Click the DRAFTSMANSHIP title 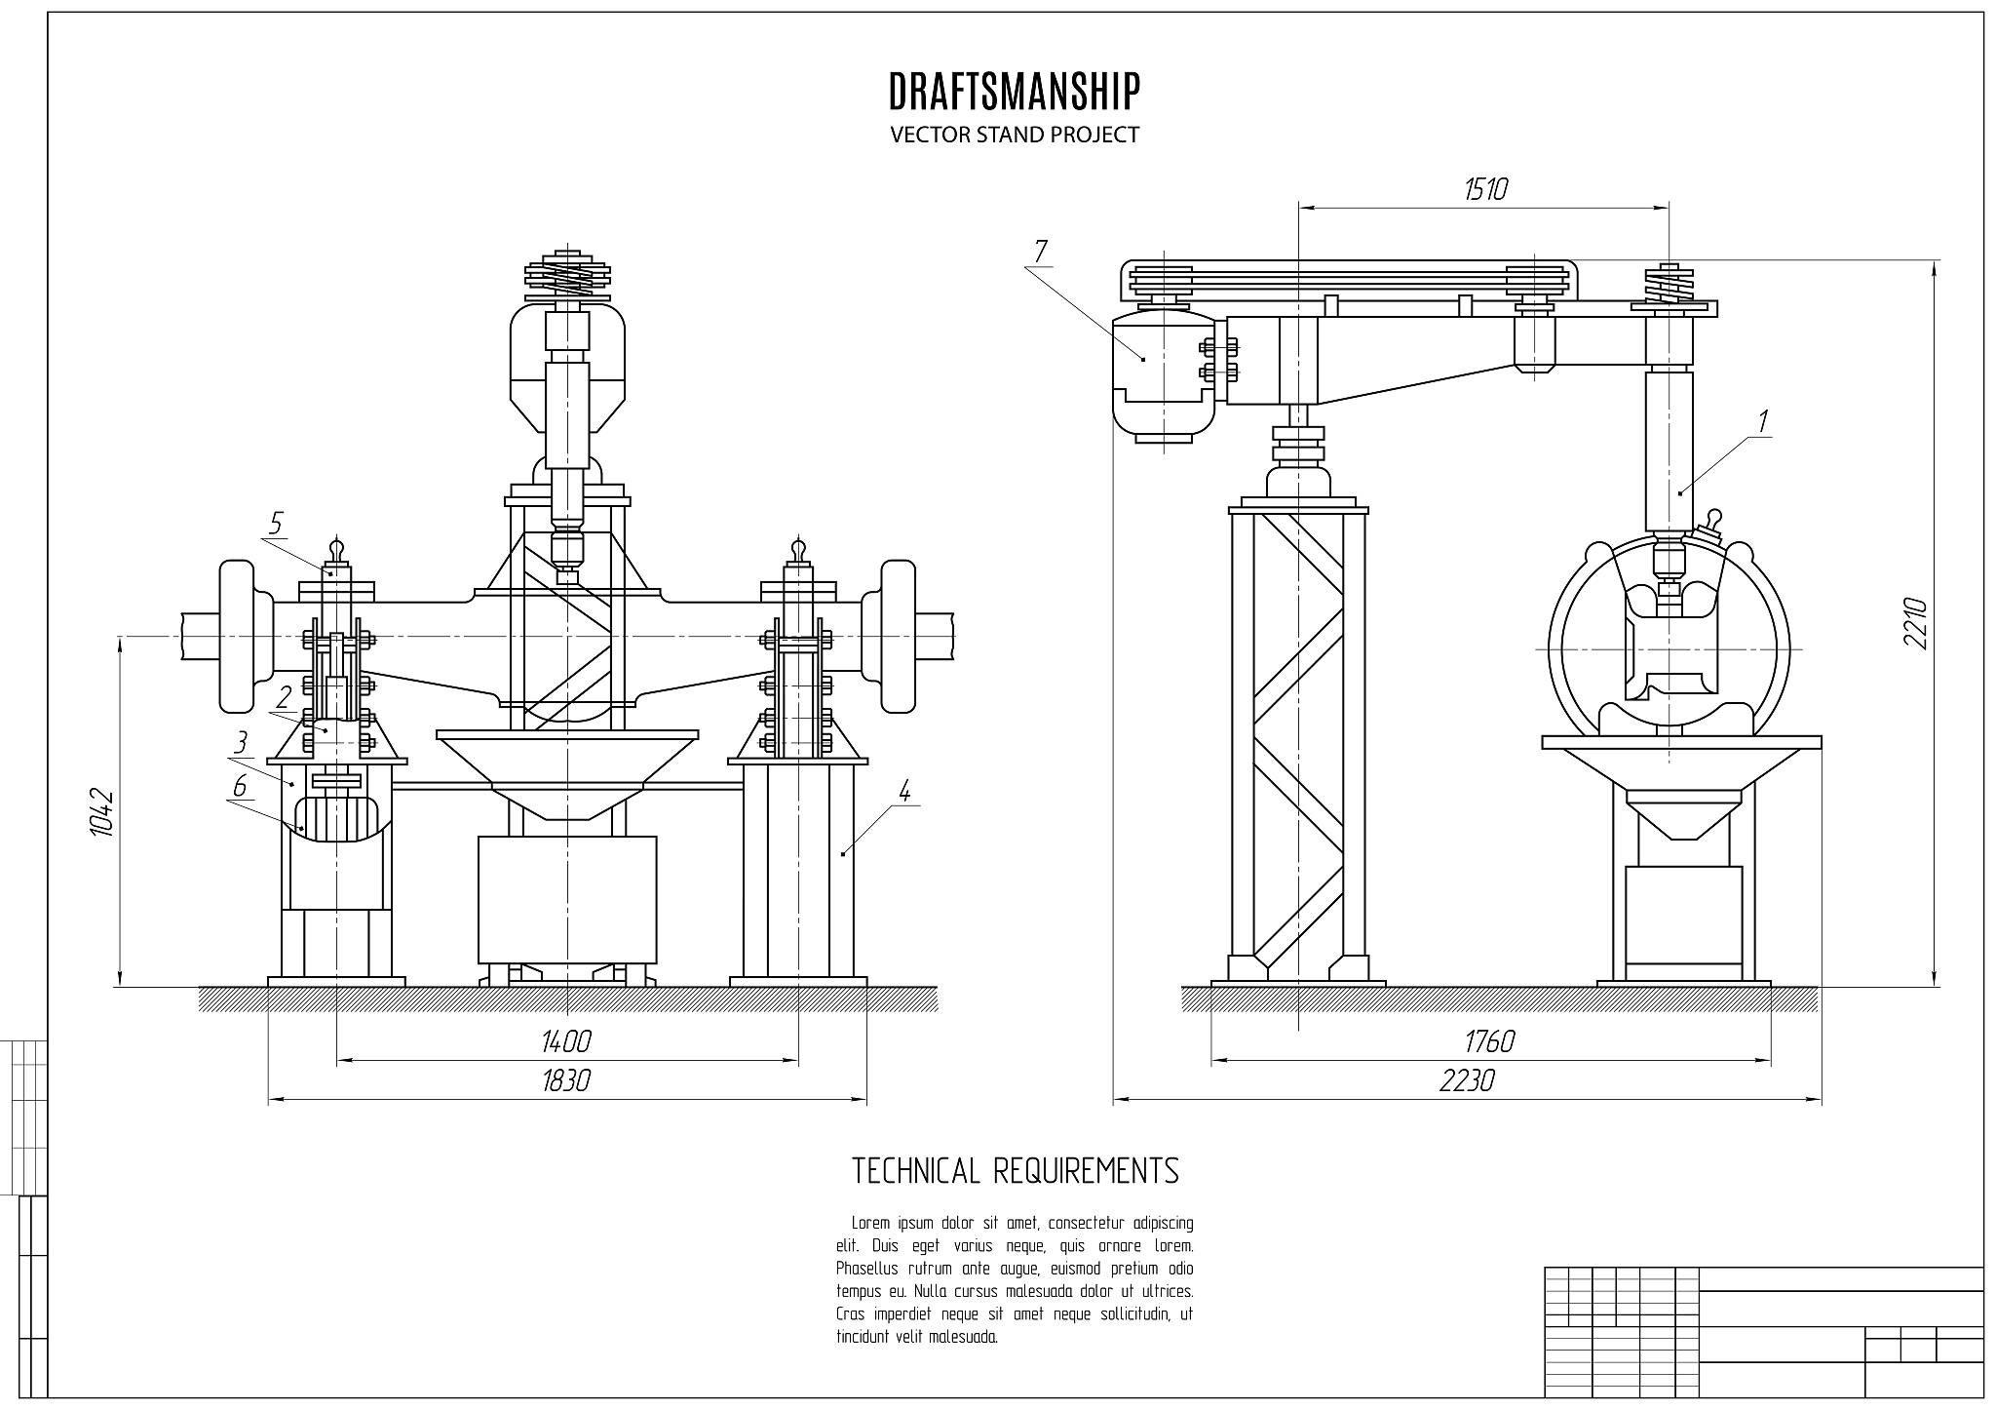tap(1015, 91)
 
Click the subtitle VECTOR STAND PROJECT tap(1015, 135)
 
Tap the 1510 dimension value tap(1485, 188)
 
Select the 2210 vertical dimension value tap(1915, 624)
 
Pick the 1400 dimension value tap(566, 1041)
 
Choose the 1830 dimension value tap(566, 1080)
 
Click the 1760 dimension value tap(1490, 1041)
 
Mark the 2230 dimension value tap(1467, 1080)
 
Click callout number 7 tap(1040, 252)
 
